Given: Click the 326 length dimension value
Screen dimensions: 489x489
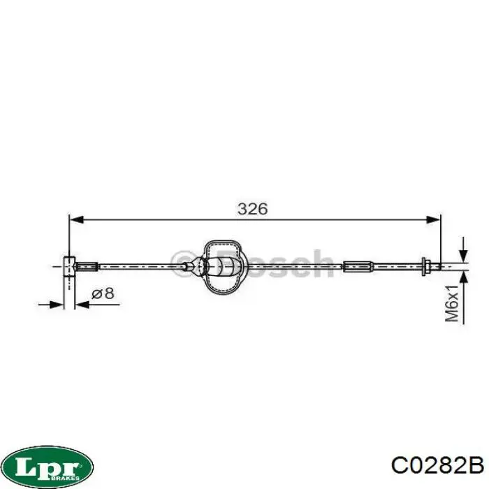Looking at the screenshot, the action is tap(252, 209).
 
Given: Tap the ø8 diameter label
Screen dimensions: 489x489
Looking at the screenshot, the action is tap(103, 293).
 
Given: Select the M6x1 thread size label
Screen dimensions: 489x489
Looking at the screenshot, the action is tap(452, 302).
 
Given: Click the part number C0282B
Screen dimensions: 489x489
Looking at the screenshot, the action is tap(437, 465).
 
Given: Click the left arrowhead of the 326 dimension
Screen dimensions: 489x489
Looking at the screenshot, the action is tap(77, 219).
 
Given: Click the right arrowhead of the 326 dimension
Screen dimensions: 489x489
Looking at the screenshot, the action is tap(433, 219).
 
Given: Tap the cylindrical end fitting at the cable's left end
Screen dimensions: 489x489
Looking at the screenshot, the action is tap(69, 266).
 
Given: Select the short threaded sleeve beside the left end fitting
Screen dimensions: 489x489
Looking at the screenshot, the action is tap(87, 266).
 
